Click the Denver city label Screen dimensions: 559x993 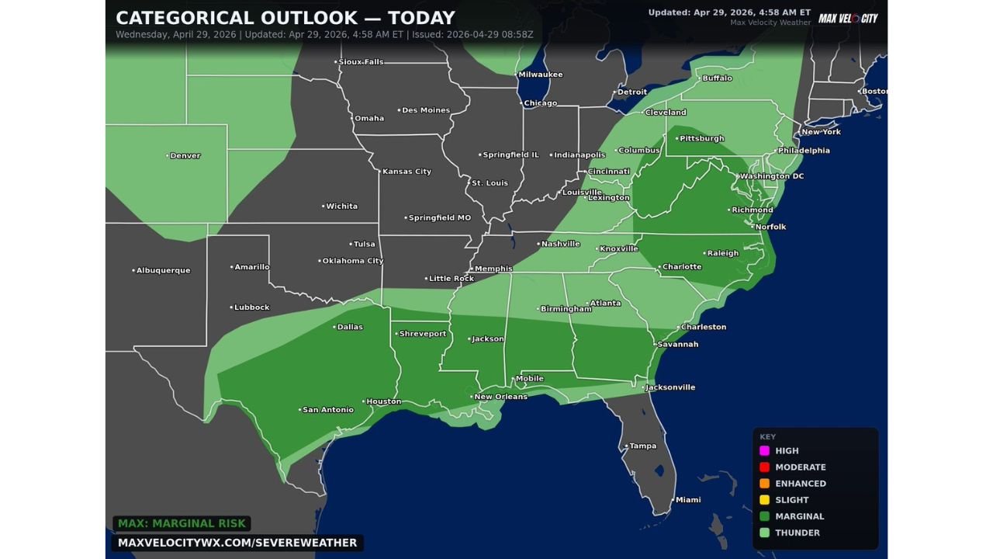point(185,156)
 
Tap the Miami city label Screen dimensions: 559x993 point(687,500)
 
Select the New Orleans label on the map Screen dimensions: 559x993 point(500,397)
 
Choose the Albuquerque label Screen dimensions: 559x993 point(163,270)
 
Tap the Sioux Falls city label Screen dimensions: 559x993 point(361,61)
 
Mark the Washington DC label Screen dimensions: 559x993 point(771,176)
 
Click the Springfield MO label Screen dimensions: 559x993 point(439,218)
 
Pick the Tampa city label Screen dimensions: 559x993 point(642,446)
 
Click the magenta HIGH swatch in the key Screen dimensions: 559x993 point(764,451)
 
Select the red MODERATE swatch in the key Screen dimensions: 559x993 point(764,467)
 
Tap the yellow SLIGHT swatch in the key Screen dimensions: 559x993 point(764,500)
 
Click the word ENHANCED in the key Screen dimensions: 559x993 point(801,484)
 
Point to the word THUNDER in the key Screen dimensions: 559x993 point(798,533)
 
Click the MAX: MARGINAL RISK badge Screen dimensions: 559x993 point(182,524)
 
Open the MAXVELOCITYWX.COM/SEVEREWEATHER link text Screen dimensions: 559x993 point(237,543)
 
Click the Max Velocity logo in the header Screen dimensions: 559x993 point(848,18)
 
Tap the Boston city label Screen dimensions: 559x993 point(874,92)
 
